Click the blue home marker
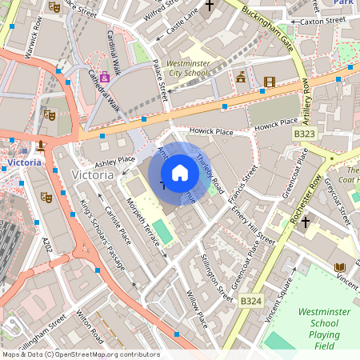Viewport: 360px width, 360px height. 180,173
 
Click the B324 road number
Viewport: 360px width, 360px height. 250,301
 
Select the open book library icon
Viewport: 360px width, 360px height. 340,267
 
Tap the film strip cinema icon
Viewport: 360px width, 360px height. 269,81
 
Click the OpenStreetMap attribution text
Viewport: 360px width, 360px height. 80,354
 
